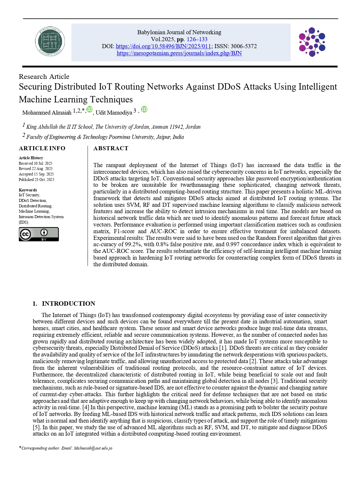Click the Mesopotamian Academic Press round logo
point(50,42)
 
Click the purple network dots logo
point(312,42)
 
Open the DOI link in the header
point(163,46)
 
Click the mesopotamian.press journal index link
point(179,53)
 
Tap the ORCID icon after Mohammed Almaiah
point(90,109)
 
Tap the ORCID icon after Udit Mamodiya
point(144,109)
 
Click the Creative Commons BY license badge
point(39,234)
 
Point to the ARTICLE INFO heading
point(42,148)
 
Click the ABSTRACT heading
point(111,148)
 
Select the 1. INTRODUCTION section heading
point(64,304)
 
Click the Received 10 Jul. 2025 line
point(35,164)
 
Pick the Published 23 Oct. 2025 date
point(37,180)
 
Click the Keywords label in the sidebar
point(28,190)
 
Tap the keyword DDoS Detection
point(32,201)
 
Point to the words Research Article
point(44,77)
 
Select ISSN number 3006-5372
point(243,46)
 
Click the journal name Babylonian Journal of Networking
point(179,32)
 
